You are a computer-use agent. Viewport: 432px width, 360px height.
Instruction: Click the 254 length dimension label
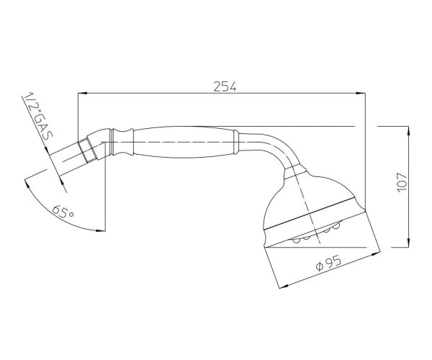(225, 87)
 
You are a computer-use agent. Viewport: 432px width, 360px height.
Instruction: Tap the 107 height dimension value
(402, 183)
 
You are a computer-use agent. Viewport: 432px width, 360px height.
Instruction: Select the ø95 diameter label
(329, 263)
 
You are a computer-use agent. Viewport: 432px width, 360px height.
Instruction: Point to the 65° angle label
(63, 211)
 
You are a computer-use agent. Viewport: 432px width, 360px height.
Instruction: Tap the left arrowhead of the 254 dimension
(82, 94)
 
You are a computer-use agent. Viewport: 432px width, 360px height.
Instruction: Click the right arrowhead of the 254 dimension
(361, 94)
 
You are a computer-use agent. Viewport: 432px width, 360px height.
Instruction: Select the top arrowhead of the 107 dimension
(408, 131)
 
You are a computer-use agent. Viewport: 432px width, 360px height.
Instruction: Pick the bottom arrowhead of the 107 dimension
(408, 243)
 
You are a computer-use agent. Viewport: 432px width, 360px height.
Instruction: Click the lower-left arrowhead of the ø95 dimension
(284, 287)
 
